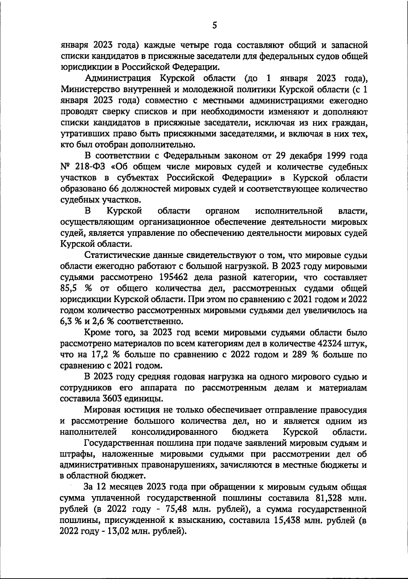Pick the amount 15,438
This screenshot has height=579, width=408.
click(x=289, y=521)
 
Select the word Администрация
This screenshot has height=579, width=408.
click(x=117, y=79)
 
